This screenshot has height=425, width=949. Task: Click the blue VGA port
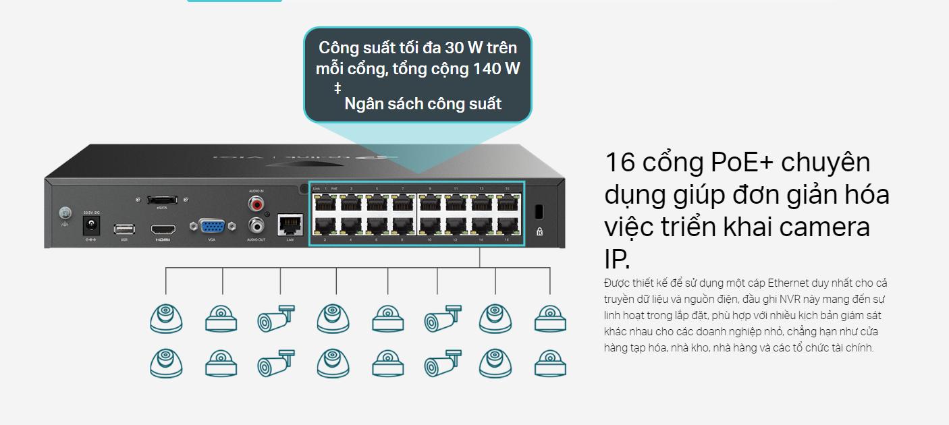212,226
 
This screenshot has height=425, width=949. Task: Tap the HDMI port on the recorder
163,229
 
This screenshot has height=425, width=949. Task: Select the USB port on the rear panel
124,229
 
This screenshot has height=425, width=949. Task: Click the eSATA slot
162,200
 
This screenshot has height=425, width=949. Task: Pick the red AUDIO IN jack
256,202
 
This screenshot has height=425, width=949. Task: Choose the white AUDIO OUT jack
256,225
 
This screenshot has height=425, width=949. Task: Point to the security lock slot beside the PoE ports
539,211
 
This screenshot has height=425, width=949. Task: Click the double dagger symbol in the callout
337,88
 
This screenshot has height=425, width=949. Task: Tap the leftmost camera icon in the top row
166,318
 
